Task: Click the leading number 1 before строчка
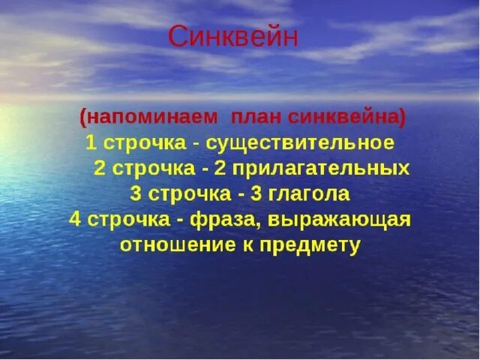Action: pyautogui.click(x=91, y=142)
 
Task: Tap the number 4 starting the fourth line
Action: pyautogui.click(x=74, y=219)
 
